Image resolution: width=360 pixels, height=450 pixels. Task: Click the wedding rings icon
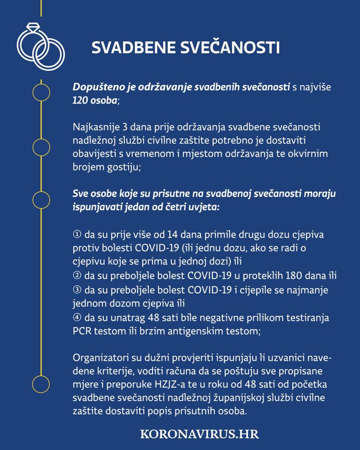[x=40, y=46]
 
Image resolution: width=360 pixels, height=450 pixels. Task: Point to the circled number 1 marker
[x=76, y=234]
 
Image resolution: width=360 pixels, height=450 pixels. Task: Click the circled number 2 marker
[x=76, y=276]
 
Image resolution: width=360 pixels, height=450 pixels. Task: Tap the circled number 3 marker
[x=76, y=290]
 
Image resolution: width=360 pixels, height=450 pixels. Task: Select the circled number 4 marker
[x=76, y=317]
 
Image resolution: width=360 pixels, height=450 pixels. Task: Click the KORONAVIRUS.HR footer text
[x=199, y=434]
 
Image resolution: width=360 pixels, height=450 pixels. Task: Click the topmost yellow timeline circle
[x=41, y=92]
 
